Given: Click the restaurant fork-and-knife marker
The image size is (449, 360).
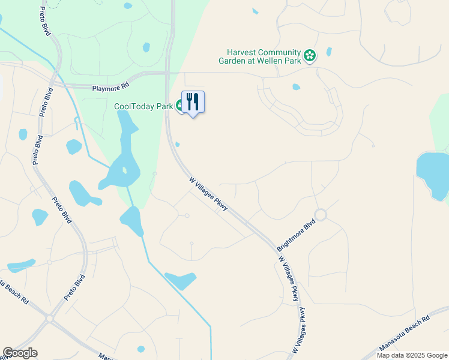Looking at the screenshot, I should click(x=193, y=101).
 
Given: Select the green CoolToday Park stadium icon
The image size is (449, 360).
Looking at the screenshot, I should click(x=179, y=106).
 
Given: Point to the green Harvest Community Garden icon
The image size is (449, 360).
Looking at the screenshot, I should click(x=310, y=56).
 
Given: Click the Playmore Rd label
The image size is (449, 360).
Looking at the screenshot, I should click(x=110, y=88).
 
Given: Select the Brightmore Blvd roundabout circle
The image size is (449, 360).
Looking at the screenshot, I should click(x=320, y=215).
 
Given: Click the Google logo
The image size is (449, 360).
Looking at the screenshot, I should click(x=20, y=353).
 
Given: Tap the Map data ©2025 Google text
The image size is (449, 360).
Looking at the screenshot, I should click(x=411, y=355).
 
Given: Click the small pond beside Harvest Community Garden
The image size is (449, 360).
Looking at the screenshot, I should click(x=329, y=52).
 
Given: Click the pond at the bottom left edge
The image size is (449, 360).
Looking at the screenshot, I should click(x=21, y=265).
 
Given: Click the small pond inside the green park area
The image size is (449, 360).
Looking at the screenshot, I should click(x=146, y=47).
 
